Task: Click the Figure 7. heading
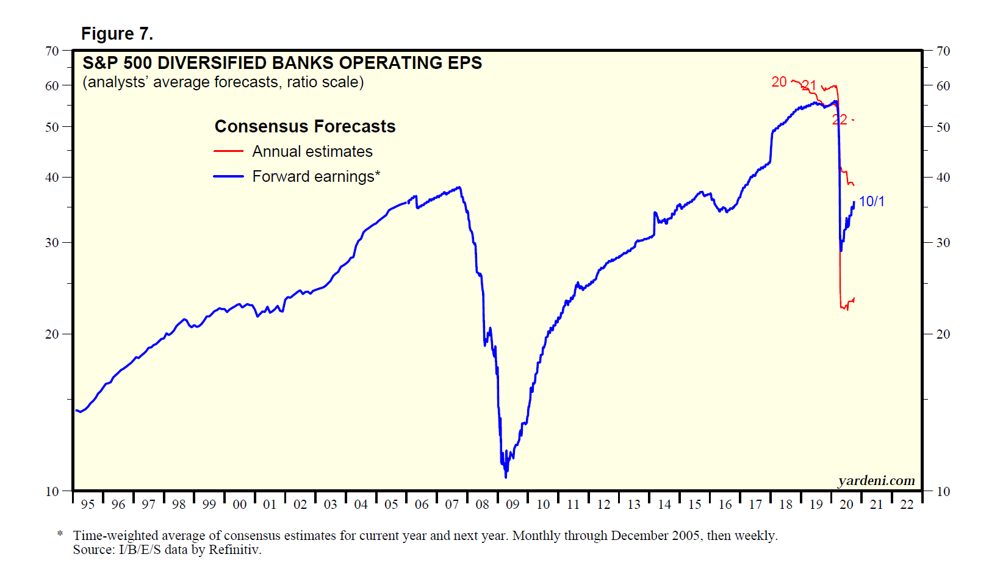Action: coord(117,34)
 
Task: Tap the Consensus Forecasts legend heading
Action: coord(305,126)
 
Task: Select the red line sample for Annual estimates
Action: coord(228,151)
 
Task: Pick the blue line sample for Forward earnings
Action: coord(228,176)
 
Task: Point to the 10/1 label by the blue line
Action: coord(871,201)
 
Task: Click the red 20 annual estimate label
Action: coord(779,82)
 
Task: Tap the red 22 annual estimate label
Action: coord(840,120)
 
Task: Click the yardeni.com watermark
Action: coord(877,481)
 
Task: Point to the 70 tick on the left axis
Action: coord(52,51)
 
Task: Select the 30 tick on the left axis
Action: coord(52,242)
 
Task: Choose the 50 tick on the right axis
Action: coord(943,127)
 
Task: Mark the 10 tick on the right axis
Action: coord(943,491)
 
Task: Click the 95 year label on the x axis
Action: coord(88,505)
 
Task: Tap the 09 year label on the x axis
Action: coord(512,505)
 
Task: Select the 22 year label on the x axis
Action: coord(907,505)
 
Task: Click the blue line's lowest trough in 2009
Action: coord(506,477)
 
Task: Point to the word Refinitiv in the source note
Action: coord(235,550)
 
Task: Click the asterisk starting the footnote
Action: coord(60,534)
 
